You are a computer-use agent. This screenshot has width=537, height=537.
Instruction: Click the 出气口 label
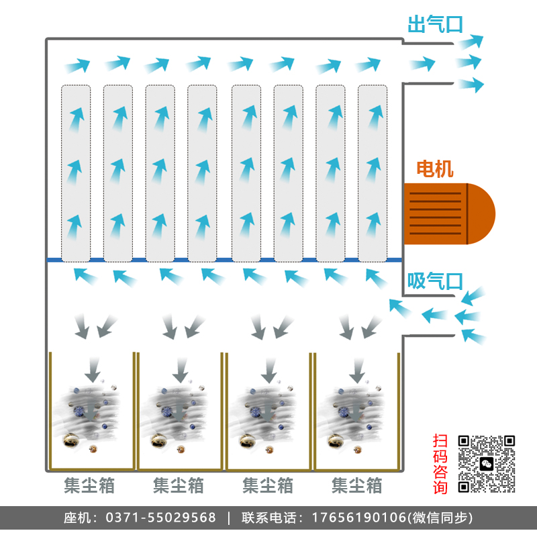pos(436,25)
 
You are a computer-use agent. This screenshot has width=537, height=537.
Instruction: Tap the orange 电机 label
pos(436,169)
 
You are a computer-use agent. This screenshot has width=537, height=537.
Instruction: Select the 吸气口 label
pos(436,281)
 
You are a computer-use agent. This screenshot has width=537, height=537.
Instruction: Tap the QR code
pos(487,464)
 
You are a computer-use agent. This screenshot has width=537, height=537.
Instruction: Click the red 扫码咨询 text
pos(440,464)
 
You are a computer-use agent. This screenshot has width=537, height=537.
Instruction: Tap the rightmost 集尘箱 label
pos(357,485)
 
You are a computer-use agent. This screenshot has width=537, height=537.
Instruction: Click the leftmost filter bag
pos(76,173)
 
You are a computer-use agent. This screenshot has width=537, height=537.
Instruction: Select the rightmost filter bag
pos(373,173)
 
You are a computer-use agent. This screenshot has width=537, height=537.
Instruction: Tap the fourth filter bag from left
pos(202,173)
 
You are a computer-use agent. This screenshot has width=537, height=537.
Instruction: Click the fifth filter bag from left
pos(246,173)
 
